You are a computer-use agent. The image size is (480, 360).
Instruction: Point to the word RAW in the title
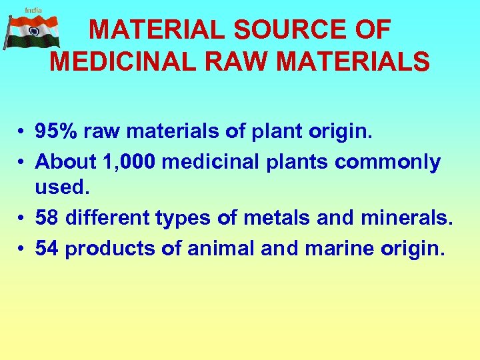point(242,61)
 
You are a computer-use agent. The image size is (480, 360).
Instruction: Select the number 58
point(47,217)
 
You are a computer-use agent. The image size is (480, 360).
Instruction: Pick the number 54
point(47,248)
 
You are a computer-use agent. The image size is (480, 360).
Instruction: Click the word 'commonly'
point(388,162)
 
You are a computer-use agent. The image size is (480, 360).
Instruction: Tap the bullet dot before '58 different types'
point(22,218)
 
